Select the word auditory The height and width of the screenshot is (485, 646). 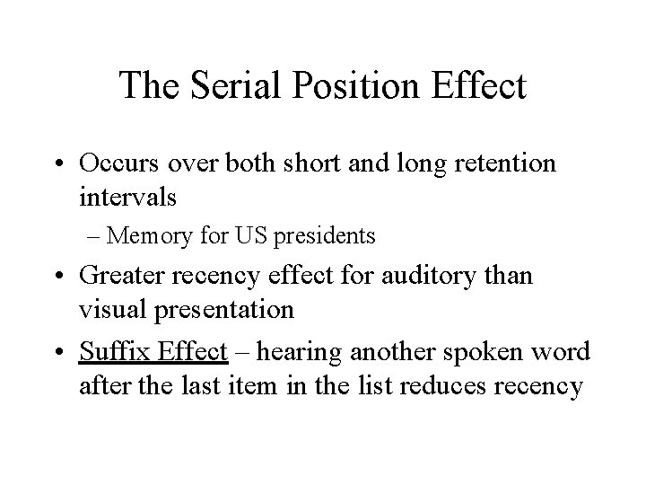point(439,277)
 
